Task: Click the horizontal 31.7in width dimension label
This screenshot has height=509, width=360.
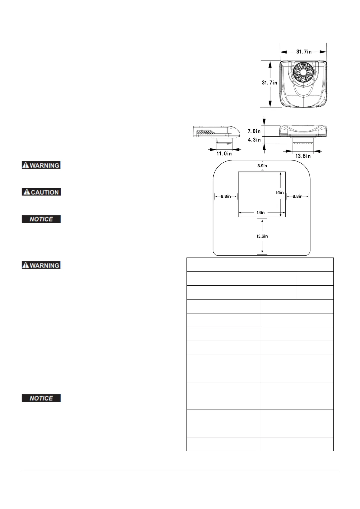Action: click(304, 52)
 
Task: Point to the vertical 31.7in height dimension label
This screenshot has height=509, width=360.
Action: click(269, 83)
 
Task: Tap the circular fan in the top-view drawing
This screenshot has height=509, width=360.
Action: click(303, 73)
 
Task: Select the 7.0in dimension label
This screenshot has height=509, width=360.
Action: click(254, 131)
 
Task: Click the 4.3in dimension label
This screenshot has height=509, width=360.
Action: click(254, 140)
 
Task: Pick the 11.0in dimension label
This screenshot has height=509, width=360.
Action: click(224, 154)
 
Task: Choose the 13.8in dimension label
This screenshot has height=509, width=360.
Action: click(303, 156)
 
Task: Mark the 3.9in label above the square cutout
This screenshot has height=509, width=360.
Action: click(262, 166)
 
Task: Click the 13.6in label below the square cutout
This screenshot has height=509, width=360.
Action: click(262, 236)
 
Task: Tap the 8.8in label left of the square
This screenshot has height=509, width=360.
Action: click(225, 196)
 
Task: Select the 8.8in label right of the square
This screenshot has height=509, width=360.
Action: click(297, 196)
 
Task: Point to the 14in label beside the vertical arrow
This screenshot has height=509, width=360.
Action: click(280, 192)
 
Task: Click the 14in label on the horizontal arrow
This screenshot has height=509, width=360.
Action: click(261, 212)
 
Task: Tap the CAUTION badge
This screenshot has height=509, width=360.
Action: click(41, 192)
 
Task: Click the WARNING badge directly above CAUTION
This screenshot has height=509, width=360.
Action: click(41, 165)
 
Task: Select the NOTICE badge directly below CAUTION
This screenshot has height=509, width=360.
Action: click(41, 219)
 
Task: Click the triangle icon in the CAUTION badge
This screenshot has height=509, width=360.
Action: click(27, 192)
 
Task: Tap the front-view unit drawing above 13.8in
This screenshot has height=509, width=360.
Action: click(303, 131)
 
